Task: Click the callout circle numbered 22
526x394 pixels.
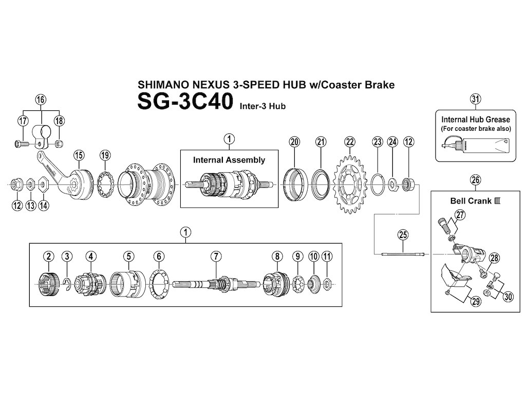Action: (x=350, y=142)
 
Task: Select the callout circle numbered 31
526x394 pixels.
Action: (x=475, y=99)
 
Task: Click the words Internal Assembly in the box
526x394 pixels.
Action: (x=229, y=160)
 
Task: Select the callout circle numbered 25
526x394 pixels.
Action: (x=403, y=235)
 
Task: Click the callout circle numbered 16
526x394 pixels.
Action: (x=41, y=99)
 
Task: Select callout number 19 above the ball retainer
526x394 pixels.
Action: (x=105, y=155)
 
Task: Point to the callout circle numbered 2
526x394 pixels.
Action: (x=48, y=256)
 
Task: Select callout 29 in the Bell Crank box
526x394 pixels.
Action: (x=475, y=301)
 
